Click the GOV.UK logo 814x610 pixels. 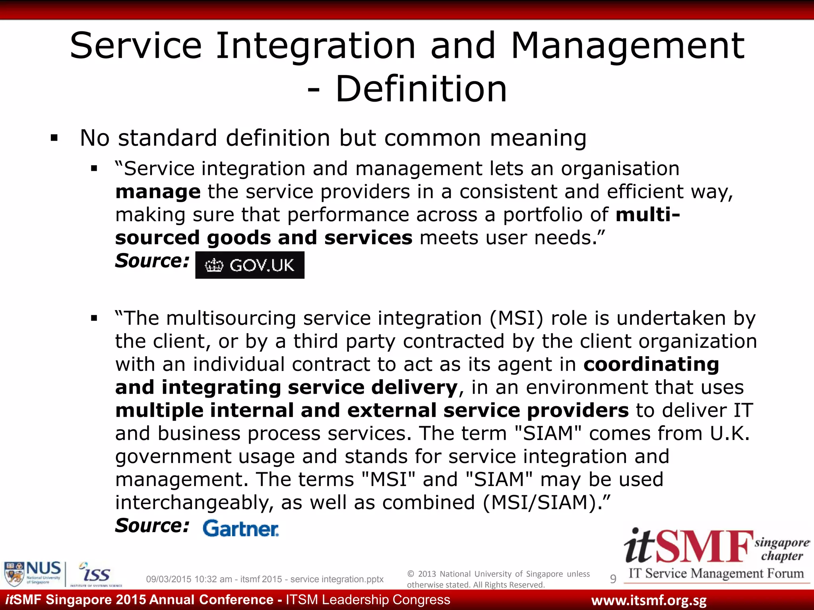250,265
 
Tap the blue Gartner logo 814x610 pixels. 241,529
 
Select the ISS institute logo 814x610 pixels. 95,574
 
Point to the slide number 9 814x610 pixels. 613,579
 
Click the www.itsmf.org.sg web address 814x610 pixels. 649,600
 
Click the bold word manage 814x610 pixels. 158,192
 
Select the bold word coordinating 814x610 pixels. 651,364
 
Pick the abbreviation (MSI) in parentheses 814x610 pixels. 516,318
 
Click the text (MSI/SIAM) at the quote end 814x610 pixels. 543,502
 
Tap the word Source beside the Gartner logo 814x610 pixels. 152,526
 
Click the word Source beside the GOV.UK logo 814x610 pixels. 152,261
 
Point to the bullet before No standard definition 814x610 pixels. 54,139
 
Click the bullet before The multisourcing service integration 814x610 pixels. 94,318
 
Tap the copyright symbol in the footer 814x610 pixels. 411,574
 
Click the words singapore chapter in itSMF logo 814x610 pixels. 781,549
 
